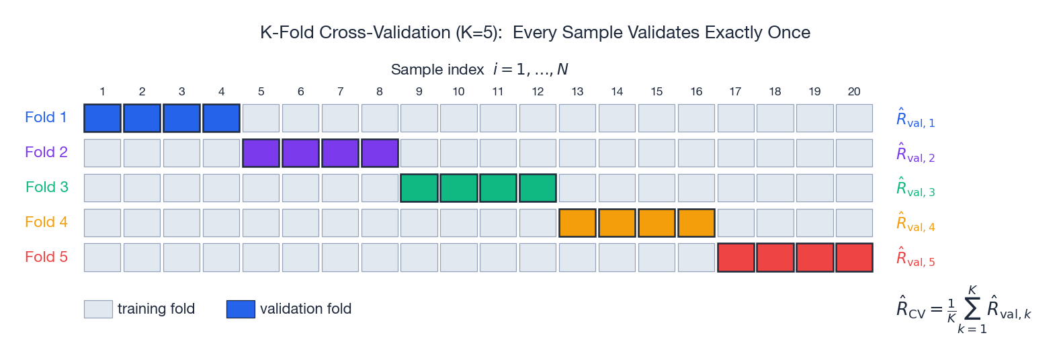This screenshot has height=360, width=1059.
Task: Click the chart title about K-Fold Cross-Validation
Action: tap(535, 32)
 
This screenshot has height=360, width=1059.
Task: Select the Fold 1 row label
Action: tap(46, 118)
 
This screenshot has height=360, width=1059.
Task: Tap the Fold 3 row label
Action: tap(46, 187)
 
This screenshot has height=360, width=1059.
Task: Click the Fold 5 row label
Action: tap(46, 257)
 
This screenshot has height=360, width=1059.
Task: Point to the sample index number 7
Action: tap(340, 91)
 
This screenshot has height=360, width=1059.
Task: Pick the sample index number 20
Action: tap(854, 91)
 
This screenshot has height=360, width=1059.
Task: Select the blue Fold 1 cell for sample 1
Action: tap(102, 118)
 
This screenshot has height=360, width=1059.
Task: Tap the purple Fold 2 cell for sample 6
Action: tap(300, 153)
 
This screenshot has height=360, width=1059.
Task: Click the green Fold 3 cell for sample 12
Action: tap(538, 188)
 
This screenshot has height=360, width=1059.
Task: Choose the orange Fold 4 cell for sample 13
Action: tap(577, 223)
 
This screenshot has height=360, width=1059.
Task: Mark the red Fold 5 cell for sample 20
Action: tap(854, 258)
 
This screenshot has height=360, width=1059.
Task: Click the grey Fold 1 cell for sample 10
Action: tap(458, 118)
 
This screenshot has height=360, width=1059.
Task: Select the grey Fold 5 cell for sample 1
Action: tap(102, 258)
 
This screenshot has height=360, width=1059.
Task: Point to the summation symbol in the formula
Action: tap(972, 309)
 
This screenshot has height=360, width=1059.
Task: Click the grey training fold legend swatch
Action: tap(98, 309)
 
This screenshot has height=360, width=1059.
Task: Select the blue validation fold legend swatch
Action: tap(241, 309)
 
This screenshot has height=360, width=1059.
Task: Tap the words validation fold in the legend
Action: tap(306, 309)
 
